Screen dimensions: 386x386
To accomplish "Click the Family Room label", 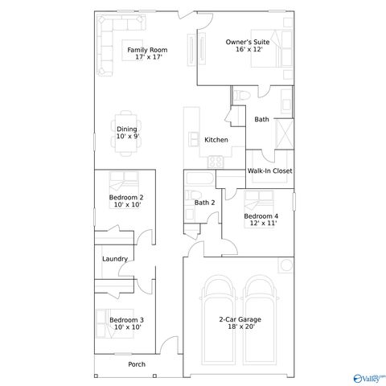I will [x=147, y=50].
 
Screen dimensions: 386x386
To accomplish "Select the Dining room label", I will [x=127, y=129].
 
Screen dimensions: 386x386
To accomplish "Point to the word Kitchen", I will [x=216, y=140].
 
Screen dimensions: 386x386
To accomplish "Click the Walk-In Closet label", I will [x=269, y=170].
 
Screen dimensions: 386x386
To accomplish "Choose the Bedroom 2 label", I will [x=126, y=198].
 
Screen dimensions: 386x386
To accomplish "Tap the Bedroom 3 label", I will [x=126, y=320].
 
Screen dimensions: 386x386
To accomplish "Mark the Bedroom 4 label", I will [x=261, y=216].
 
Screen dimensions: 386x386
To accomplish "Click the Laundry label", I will [x=115, y=258].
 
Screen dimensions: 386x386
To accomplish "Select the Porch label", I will [x=137, y=364].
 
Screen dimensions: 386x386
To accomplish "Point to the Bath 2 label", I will [x=204, y=203].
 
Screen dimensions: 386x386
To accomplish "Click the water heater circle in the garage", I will [x=284, y=267].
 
